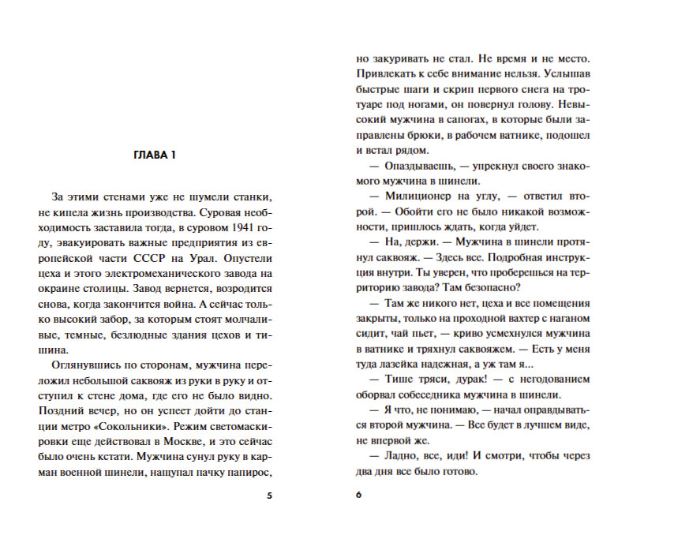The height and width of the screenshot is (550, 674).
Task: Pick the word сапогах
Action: tap(460, 120)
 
